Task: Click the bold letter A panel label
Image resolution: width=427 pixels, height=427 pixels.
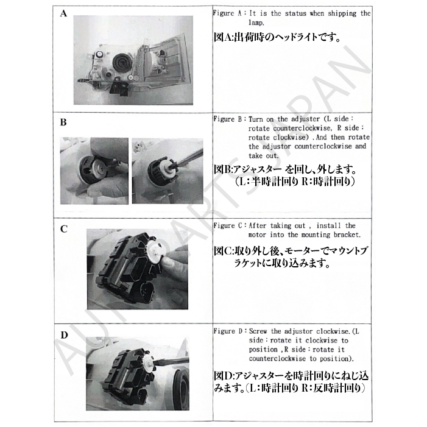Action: tap(63, 13)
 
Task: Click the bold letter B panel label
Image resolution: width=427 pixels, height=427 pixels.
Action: tap(63, 122)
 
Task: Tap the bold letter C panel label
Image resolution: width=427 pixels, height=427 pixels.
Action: tap(64, 229)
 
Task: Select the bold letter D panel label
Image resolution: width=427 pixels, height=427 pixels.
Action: tap(64, 335)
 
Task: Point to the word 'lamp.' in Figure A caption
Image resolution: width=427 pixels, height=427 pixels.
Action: tap(256, 23)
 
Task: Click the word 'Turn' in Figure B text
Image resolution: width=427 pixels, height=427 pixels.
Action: tap(255, 119)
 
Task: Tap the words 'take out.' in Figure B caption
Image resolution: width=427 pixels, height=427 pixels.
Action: tap(264, 156)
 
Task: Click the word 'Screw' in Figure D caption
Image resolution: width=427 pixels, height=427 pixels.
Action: tap(258, 331)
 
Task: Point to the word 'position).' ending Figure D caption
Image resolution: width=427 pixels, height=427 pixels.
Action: tap(337, 359)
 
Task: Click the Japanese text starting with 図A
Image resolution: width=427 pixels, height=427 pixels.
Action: tap(277, 37)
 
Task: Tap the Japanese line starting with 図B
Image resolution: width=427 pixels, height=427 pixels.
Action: tap(285, 170)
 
